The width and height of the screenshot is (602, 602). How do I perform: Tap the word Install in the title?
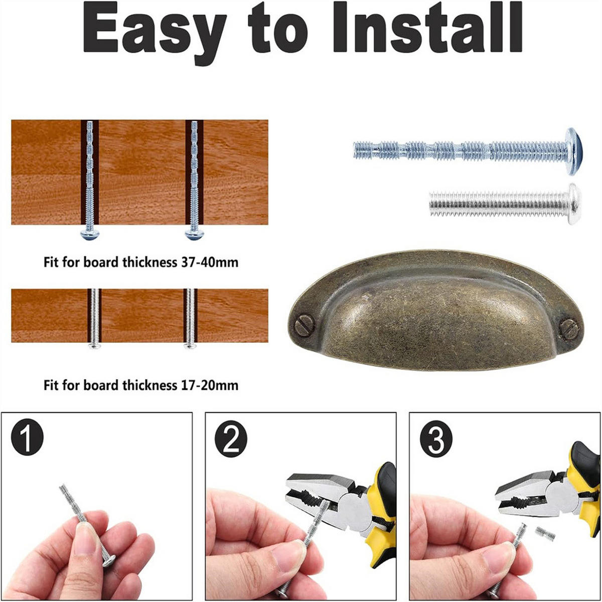pyautogui.click(x=428, y=28)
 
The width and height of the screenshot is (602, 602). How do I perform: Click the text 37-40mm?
pyautogui.click(x=210, y=262)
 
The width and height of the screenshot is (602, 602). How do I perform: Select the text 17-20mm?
pyautogui.click(x=210, y=385)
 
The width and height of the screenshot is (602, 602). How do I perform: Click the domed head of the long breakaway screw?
pyautogui.click(x=574, y=151)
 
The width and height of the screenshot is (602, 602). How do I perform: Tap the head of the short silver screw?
pyautogui.click(x=574, y=204)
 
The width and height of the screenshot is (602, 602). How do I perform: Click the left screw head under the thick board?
pyautogui.click(x=90, y=234)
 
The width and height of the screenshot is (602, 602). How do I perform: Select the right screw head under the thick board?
pyautogui.click(x=194, y=234)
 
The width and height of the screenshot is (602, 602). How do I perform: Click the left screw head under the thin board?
pyautogui.click(x=94, y=345)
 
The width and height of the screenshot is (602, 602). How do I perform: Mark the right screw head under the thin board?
pyautogui.click(x=190, y=345)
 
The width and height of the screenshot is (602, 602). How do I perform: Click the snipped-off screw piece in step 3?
pyautogui.click(x=545, y=534)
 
